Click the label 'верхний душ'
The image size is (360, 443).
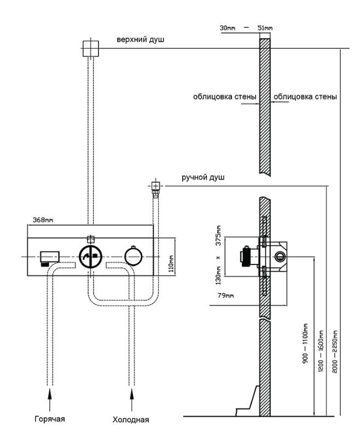pos(141,39)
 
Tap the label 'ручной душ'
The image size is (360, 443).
pos(203,178)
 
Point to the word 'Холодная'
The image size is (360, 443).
pos(130,420)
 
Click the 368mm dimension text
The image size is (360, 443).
pos(40,220)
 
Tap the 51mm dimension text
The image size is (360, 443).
pos(265,27)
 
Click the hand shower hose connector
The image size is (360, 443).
pos(155,189)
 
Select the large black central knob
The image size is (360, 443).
pos(90,257)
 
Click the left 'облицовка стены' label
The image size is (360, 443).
pos(224,97)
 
